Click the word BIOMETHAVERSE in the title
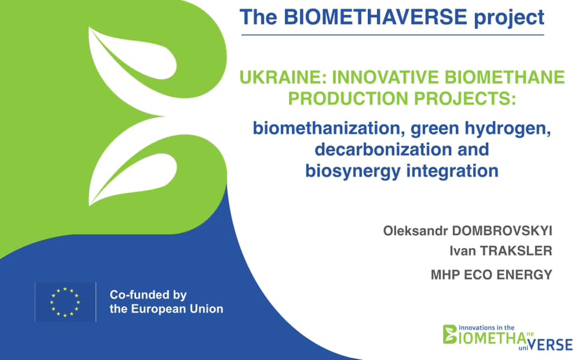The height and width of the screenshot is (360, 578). (x=375, y=17)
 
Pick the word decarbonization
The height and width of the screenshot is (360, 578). (x=379, y=149)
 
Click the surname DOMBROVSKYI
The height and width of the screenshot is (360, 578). (x=502, y=231)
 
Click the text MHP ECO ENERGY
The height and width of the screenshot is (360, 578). (x=491, y=275)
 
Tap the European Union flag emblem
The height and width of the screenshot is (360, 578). (x=65, y=302)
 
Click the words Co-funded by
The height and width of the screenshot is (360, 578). (x=148, y=295)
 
